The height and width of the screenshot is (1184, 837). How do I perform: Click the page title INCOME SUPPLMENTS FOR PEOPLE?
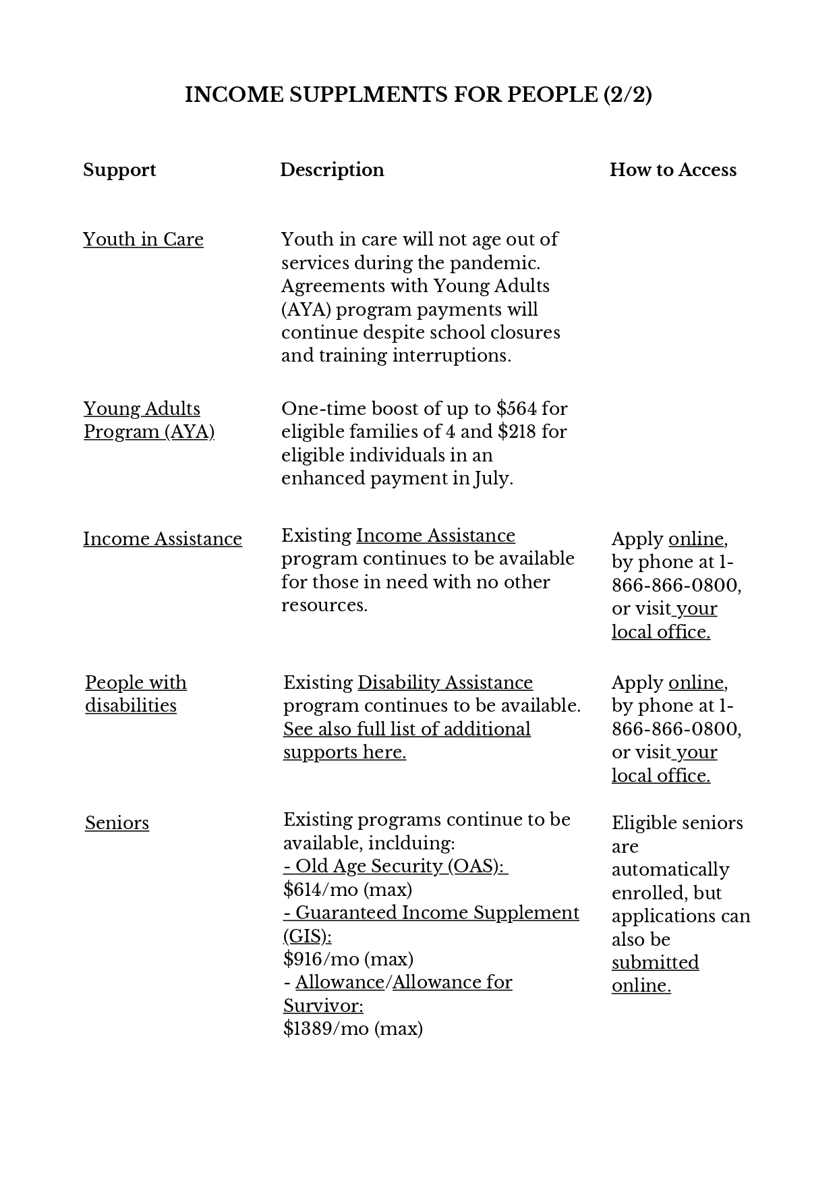click(x=418, y=95)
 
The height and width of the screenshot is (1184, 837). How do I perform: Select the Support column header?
click(x=119, y=170)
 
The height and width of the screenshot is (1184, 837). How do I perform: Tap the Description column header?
click(x=332, y=170)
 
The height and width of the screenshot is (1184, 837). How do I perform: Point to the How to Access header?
click(x=672, y=170)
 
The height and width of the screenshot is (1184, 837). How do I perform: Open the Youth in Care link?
click(x=143, y=239)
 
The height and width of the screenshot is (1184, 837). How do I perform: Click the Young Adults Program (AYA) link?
click(x=148, y=420)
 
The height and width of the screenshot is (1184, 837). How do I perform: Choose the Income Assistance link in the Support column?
click(x=163, y=539)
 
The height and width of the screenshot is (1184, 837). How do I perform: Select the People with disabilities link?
click(x=136, y=694)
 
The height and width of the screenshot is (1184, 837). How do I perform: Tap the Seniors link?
click(x=117, y=823)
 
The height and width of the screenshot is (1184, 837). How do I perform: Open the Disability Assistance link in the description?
click(x=444, y=683)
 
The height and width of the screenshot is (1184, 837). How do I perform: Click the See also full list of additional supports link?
click(x=407, y=741)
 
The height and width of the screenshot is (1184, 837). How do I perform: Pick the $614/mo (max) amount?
click(x=347, y=890)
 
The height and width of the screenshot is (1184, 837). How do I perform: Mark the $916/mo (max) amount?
click(x=348, y=959)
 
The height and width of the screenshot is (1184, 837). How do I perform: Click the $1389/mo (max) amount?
click(x=353, y=1029)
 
